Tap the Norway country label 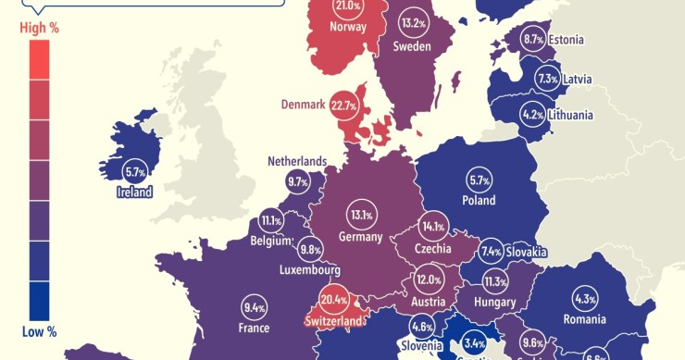point(348,27)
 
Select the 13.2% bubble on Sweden point(412,22)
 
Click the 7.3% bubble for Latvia point(547,80)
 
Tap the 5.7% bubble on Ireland point(134,171)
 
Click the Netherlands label point(297,161)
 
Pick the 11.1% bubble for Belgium point(271,221)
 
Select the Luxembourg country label point(309,270)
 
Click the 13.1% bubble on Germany point(361,216)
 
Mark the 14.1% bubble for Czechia point(432,226)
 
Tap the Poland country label point(479,200)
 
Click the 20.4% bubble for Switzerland point(333,300)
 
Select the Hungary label point(493,302)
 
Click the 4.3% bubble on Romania point(585,300)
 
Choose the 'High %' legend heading point(39,29)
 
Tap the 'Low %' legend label point(39,331)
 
